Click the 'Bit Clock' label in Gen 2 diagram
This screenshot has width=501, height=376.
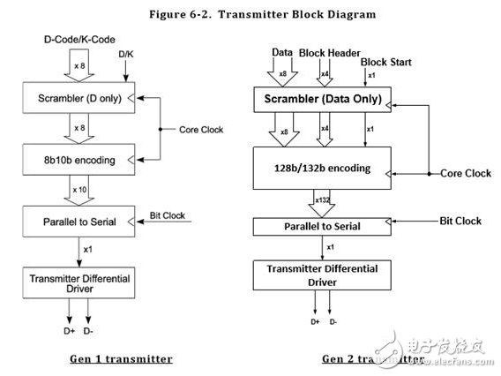click(x=460, y=221)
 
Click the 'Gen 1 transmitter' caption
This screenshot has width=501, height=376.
click(x=122, y=358)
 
